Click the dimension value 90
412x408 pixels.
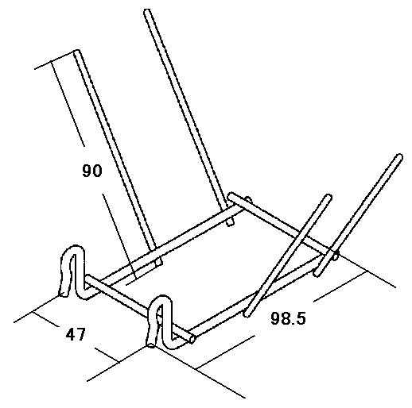[x=92, y=171]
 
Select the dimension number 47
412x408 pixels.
[x=76, y=334]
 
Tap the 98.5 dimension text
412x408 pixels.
[x=288, y=318]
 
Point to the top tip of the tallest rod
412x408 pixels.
[x=147, y=12]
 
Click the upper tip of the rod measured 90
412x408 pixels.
[x=76, y=52]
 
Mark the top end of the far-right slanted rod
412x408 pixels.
[x=399, y=157]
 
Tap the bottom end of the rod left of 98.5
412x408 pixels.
[x=247, y=314]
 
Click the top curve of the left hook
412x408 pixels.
[x=76, y=248]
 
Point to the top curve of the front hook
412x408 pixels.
[x=162, y=299]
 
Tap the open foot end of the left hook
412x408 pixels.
[x=63, y=293]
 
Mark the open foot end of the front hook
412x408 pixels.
[x=151, y=344]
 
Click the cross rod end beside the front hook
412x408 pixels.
[x=192, y=339]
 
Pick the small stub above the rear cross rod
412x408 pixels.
[x=248, y=199]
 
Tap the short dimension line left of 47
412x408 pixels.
[x=45, y=319]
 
